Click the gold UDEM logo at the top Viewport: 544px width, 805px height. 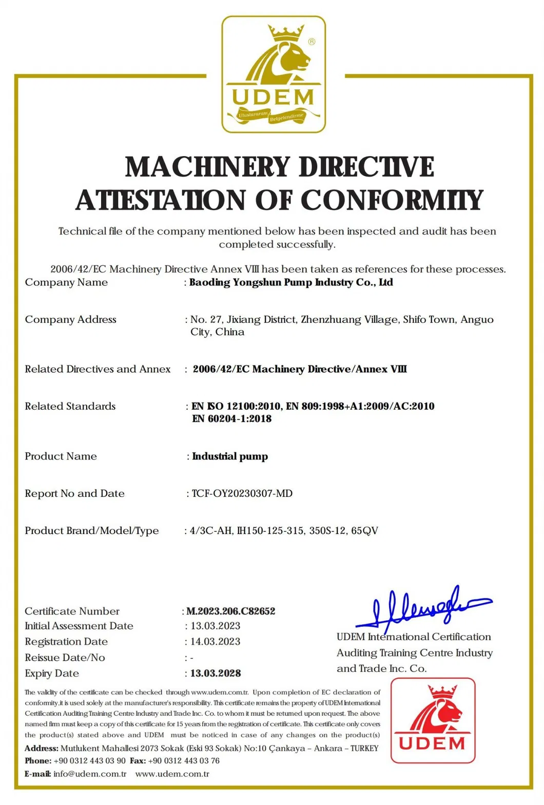274,74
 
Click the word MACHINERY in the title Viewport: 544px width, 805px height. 208,167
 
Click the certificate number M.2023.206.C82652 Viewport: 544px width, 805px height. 231,611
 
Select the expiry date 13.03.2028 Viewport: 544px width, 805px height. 216,673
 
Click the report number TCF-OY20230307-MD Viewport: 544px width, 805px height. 242,493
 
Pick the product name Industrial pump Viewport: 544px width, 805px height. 230,456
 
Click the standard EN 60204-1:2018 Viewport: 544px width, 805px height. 232,419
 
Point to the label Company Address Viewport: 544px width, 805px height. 71,319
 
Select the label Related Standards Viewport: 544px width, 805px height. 70,406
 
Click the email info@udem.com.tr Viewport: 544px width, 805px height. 90,774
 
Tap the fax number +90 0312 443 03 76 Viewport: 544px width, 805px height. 184,761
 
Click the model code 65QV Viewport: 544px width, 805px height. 364,531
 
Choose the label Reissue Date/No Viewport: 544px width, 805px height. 65,658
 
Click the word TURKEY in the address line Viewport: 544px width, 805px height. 364,748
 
